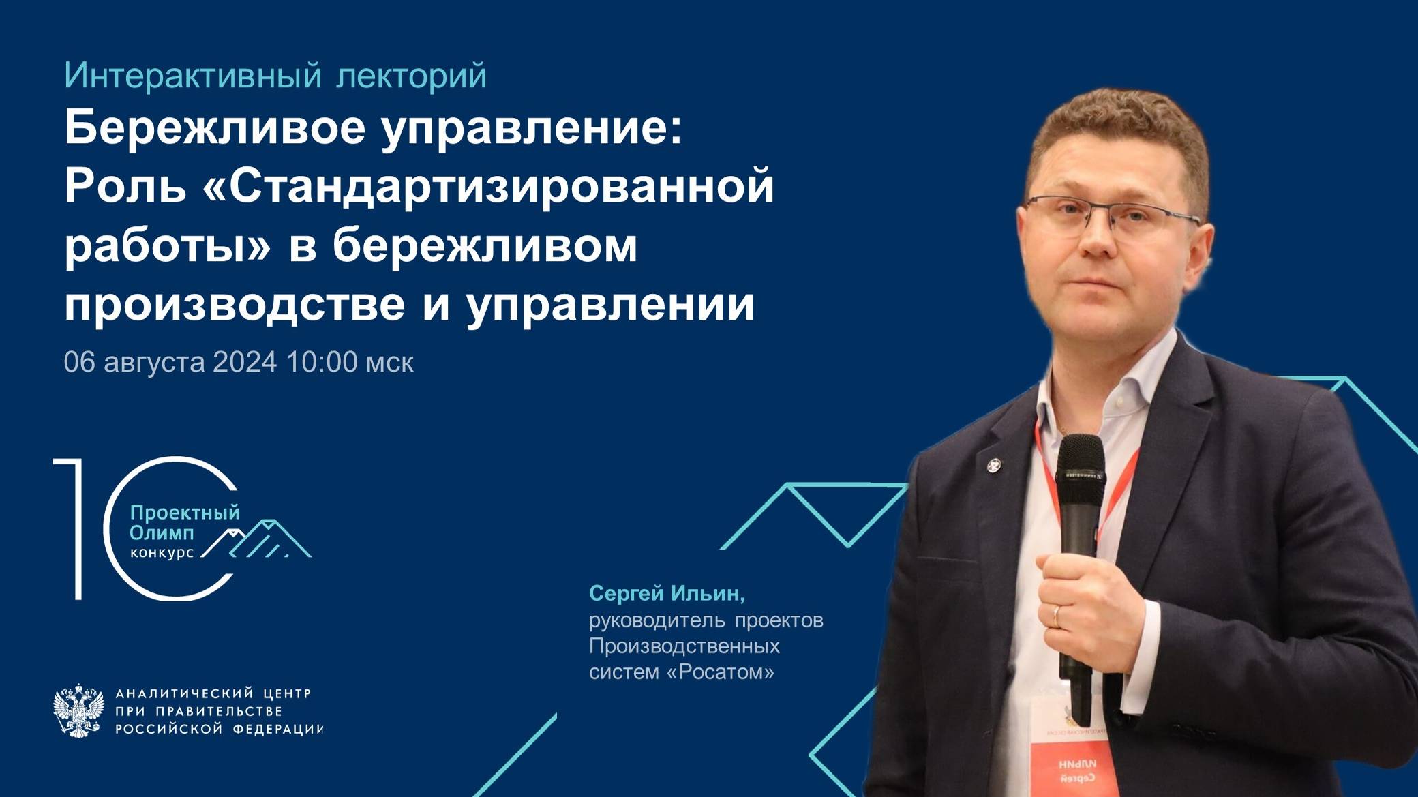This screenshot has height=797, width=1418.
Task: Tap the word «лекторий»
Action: point(411,76)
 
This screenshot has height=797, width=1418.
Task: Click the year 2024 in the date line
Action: point(245,362)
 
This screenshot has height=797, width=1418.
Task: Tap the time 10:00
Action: point(322,362)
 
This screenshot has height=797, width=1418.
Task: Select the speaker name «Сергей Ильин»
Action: point(666,594)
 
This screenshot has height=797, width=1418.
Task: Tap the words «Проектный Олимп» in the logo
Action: point(184,522)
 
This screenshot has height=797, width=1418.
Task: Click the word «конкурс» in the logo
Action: point(162,553)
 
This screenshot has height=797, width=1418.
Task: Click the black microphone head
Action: point(1080,464)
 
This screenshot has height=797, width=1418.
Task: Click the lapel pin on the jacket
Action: point(994,466)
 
